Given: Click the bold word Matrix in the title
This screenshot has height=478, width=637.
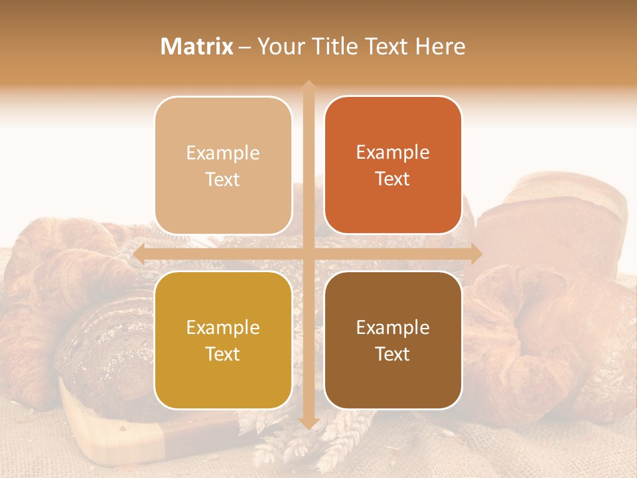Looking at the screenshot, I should (197, 46).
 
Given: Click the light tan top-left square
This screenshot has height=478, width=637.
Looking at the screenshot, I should (223, 166).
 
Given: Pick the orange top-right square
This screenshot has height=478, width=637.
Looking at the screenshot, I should (393, 165).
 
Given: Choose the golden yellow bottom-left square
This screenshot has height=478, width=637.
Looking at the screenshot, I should (223, 341).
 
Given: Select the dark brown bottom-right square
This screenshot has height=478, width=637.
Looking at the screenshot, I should (393, 341).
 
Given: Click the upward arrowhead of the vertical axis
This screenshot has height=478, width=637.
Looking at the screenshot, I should (308, 86).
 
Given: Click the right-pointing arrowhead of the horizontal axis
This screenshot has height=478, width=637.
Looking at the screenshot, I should (476, 254).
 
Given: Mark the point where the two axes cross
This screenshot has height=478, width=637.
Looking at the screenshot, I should (308, 254).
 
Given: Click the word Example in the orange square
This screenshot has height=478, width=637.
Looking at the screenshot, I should (393, 153).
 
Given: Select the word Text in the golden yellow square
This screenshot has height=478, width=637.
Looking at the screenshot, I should (223, 354).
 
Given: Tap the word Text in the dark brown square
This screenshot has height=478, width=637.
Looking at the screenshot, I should (393, 354).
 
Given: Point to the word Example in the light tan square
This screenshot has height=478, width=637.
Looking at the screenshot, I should (223, 153).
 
